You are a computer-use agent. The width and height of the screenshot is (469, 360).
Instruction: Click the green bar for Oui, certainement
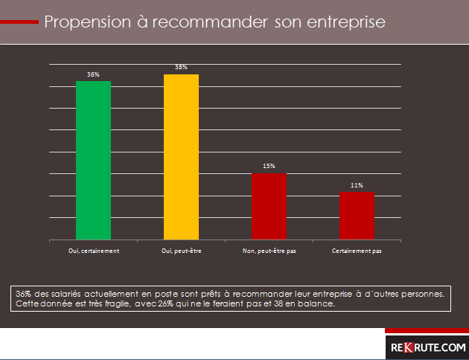93,160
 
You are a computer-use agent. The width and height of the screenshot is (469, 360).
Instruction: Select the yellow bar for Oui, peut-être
181,157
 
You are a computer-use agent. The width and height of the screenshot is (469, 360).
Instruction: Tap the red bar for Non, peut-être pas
269,206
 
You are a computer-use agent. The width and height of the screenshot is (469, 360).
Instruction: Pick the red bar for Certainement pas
357,215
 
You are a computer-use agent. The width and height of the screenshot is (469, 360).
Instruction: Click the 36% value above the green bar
93,75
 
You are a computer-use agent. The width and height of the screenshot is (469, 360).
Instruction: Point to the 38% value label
181,68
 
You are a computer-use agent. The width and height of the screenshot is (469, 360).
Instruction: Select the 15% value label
269,166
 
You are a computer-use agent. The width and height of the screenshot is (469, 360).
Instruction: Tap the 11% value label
357,184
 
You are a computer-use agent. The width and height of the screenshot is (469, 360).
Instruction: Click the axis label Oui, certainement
93,251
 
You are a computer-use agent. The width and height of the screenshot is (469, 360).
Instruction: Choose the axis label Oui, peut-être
181,251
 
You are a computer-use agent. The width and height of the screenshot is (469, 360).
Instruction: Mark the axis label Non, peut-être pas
269,251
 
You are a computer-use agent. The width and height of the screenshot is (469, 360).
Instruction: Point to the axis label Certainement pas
357,251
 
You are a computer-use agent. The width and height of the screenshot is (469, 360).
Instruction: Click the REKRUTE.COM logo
427,347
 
